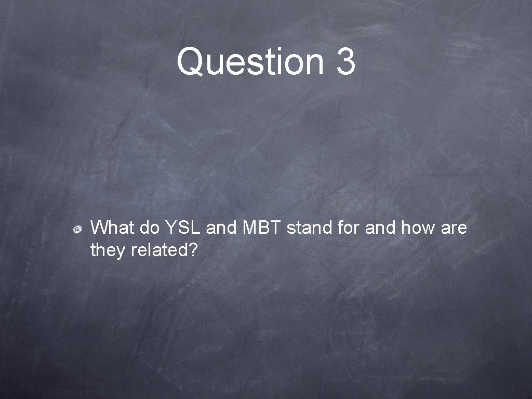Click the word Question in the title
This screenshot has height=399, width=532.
click(250, 62)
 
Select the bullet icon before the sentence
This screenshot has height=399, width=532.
click(76, 229)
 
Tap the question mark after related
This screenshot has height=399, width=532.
click(192, 250)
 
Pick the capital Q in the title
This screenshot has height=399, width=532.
click(189, 62)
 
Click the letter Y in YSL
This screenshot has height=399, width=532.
click(170, 228)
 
